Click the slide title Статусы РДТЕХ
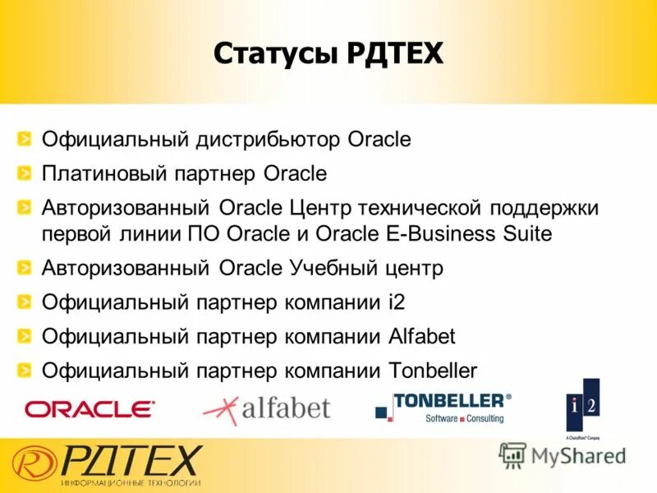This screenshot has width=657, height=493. (328, 54)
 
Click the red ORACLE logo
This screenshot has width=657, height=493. (90, 408)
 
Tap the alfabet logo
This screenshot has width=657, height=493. (266, 408)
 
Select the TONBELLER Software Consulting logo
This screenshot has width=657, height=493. (443, 408)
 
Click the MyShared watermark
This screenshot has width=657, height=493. (563, 455)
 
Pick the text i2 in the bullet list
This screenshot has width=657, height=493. (397, 302)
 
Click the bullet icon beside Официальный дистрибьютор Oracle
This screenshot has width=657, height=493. (27, 139)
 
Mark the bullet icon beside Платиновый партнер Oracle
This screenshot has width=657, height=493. (27, 173)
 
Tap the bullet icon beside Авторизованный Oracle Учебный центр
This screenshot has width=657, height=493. (27, 267)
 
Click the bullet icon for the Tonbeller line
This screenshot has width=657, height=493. (27, 370)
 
